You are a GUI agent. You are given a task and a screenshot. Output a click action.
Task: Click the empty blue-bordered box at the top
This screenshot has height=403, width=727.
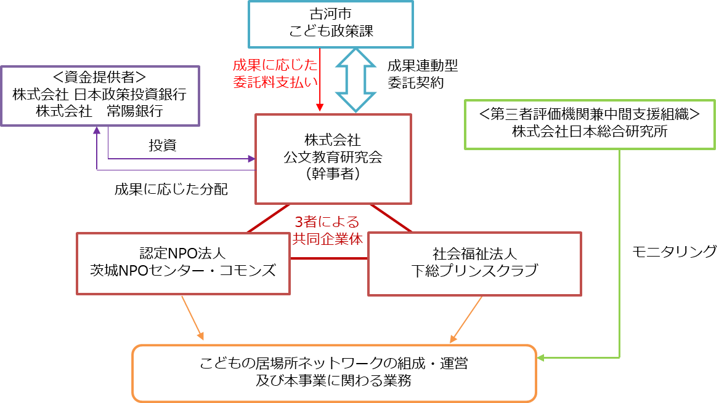coord(331,25)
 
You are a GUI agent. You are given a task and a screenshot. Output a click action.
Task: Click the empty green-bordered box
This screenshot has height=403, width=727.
coord(590,124)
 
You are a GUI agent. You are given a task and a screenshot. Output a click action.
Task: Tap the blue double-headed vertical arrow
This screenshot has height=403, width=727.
coord(355,80)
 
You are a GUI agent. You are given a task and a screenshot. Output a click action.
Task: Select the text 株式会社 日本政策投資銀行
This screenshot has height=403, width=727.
coord(99,95)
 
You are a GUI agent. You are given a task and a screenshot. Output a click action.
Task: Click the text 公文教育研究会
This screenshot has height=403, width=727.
coord(333,157)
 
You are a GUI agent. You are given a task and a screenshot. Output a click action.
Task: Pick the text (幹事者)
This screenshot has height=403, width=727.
coord(333,174)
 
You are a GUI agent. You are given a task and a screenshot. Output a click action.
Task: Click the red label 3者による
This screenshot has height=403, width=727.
coord(327,222)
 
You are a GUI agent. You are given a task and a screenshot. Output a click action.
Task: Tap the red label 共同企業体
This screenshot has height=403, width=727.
coord(328,239)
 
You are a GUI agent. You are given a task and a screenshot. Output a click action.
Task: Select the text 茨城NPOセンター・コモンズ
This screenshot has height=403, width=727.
coord(183,271)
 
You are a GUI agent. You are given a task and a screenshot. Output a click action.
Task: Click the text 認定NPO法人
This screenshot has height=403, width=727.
coord(183,253)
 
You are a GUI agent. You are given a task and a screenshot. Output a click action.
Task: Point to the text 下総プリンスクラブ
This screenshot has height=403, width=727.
coord(474,271)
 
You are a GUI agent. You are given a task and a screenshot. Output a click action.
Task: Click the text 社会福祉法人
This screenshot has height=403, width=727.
coord(474,253)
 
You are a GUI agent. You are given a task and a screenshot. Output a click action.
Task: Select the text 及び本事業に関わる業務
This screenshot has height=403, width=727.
coord(333,380)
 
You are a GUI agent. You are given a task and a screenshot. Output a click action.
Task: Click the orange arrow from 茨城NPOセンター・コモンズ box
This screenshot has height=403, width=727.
coord(192,318)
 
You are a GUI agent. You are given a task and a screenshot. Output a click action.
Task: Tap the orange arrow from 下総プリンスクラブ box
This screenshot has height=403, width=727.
coord(466,319)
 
